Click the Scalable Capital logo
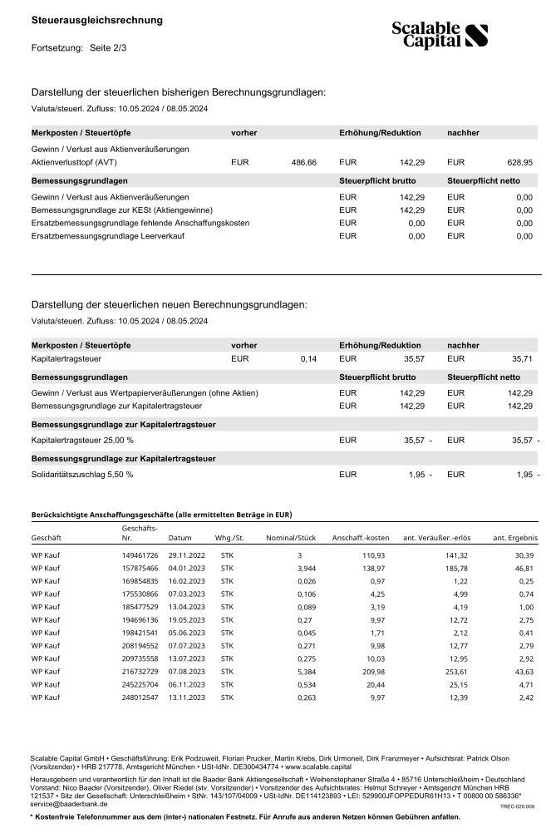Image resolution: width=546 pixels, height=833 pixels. (x=440, y=34)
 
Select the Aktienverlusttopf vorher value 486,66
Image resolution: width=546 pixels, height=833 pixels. (x=303, y=162)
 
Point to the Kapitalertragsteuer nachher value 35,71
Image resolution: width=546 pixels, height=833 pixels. (x=521, y=358)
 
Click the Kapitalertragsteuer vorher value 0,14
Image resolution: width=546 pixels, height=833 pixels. (x=308, y=358)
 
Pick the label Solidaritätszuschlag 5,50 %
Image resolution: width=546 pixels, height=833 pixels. (x=82, y=474)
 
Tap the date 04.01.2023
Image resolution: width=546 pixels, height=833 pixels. (x=185, y=567)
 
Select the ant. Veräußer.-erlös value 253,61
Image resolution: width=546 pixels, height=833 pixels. (x=445, y=670)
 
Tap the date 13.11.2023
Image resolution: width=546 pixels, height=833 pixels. (x=185, y=697)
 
